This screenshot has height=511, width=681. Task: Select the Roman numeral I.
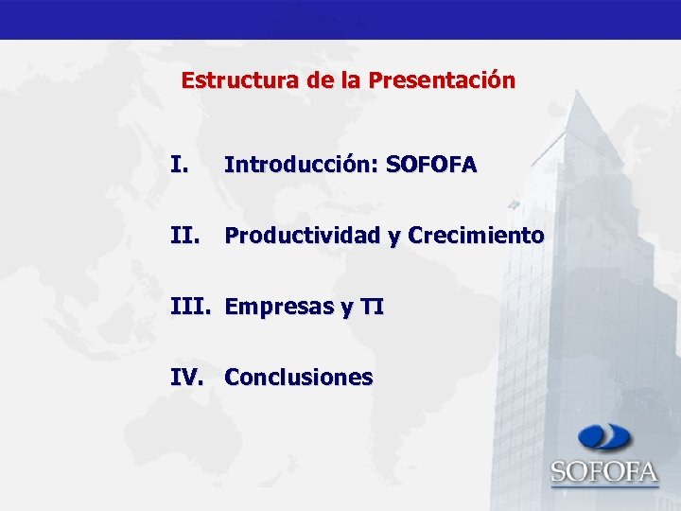pos(179,166)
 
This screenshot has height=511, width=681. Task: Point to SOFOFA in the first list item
pos(431,166)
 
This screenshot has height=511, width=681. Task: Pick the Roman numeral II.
pos(184,235)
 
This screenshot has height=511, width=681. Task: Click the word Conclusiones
pos(299,378)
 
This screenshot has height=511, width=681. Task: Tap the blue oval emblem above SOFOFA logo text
pos(604,437)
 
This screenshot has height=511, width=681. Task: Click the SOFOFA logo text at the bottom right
pos(604,470)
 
